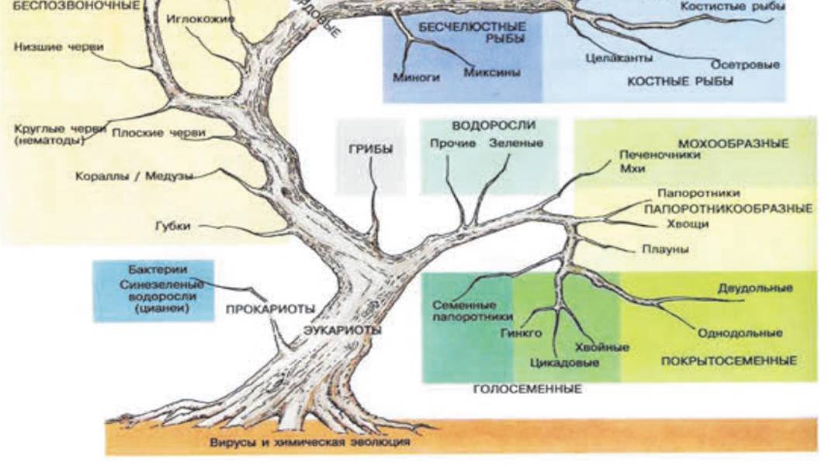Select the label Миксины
(491, 72)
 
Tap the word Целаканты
(618, 57)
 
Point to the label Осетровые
(745, 64)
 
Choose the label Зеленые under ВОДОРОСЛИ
(516, 144)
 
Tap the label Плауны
(666, 250)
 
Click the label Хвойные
(602, 348)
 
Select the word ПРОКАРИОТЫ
(270, 309)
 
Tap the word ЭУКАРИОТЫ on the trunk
(342, 330)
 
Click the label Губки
(172, 227)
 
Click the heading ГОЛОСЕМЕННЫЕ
(527, 389)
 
